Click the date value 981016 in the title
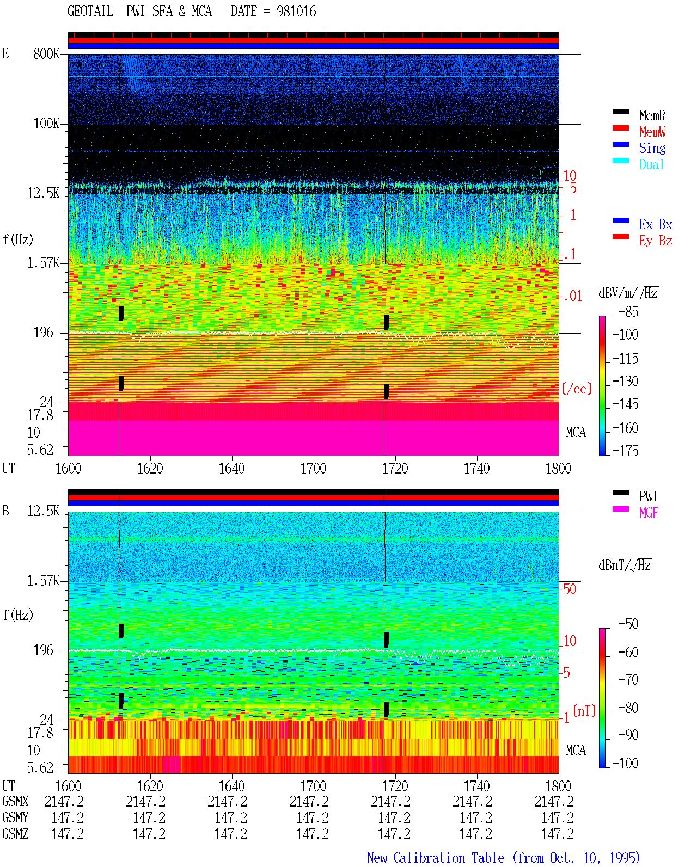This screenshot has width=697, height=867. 296,11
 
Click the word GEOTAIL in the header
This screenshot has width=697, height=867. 90,11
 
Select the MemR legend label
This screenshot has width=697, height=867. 652,115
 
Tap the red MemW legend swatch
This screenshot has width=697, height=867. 620,128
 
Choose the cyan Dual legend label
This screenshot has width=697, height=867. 651,164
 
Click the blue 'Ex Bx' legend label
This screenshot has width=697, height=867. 655,224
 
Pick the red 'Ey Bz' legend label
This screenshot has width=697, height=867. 655,241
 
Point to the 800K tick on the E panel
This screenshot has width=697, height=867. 46,53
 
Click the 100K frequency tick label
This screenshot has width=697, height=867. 46,124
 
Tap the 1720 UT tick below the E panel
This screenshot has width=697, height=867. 395,468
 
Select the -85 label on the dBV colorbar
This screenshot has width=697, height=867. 628,311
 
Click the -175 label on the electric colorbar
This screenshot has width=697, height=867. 625,451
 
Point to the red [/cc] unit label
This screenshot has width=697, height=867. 577,389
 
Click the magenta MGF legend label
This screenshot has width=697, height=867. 649,513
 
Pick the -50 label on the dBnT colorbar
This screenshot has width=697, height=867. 628,624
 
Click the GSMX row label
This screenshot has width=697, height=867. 15,802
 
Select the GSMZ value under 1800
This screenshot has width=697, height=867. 558,834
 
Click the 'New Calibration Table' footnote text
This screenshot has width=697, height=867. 436,858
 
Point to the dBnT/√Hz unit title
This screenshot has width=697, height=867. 625,565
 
